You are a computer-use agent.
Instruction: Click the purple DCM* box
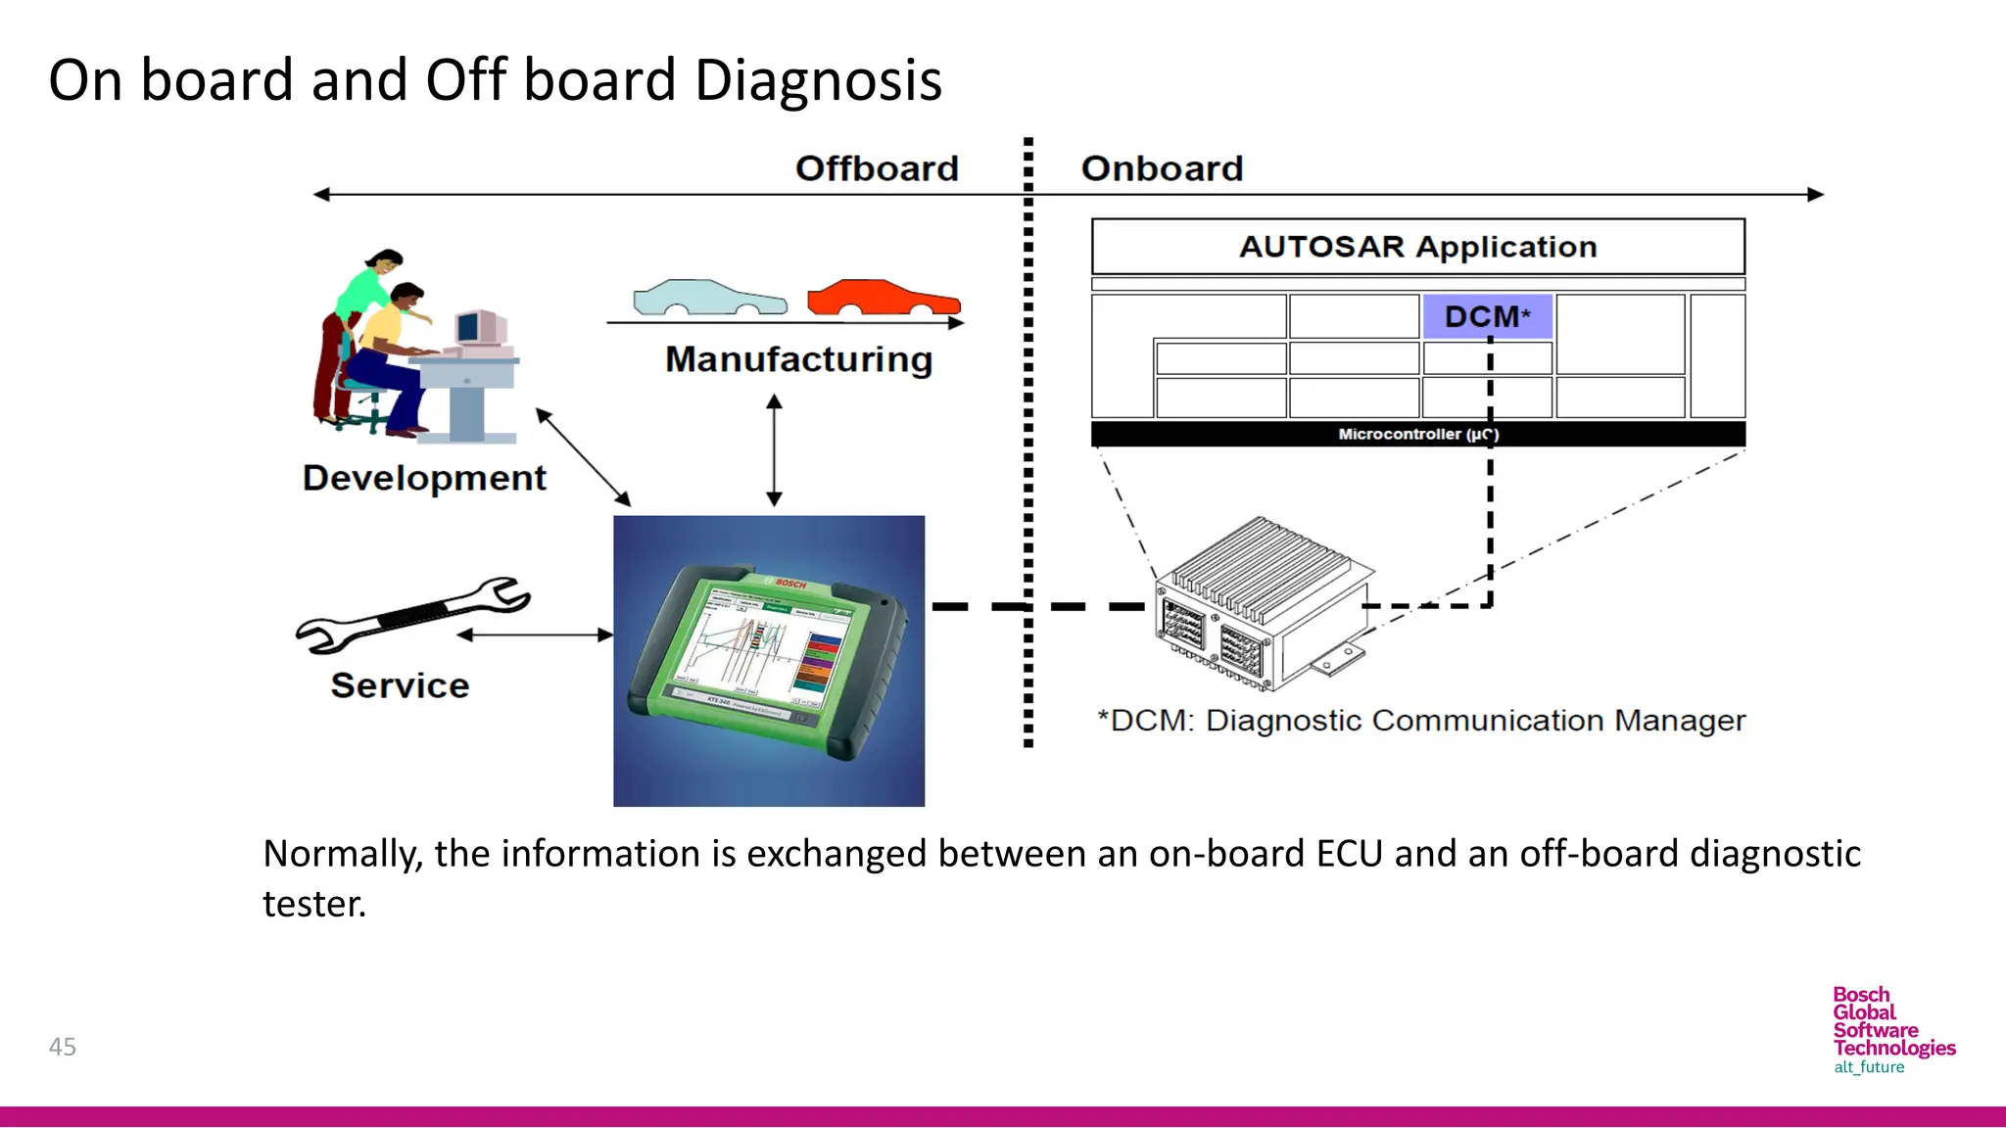pyautogui.click(x=1487, y=316)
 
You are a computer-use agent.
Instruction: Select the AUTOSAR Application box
pyautogui.click(x=1417, y=246)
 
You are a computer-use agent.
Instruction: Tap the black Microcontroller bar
pyautogui.click(x=1417, y=434)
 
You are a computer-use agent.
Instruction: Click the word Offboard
pyautogui.click(x=876, y=168)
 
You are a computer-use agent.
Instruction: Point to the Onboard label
pyautogui.click(x=1162, y=168)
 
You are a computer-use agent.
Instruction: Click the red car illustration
pyautogui.click(x=883, y=298)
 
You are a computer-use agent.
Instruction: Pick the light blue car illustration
pyautogui.click(x=708, y=298)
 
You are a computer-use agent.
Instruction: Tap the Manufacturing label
pyautogui.click(x=798, y=359)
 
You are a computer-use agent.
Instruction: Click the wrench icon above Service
pyautogui.click(x=413, y=614)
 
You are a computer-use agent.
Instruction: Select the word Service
pyautogui.click(x=400, y=685)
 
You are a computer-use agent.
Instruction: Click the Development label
pyautogui.click(x=424, y=478)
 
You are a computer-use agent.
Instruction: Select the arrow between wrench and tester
pyautogui.click(x=535, y=635)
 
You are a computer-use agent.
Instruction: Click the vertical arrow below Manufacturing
pyautogui.click(x=774, y=450)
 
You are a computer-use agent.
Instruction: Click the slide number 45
pyautogui.click(x=63, y=1047)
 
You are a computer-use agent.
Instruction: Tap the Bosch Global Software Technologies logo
pyautogui.click(x=1892, y=1029)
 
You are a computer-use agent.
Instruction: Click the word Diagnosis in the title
pyautogui.click(x=818, y=80)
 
